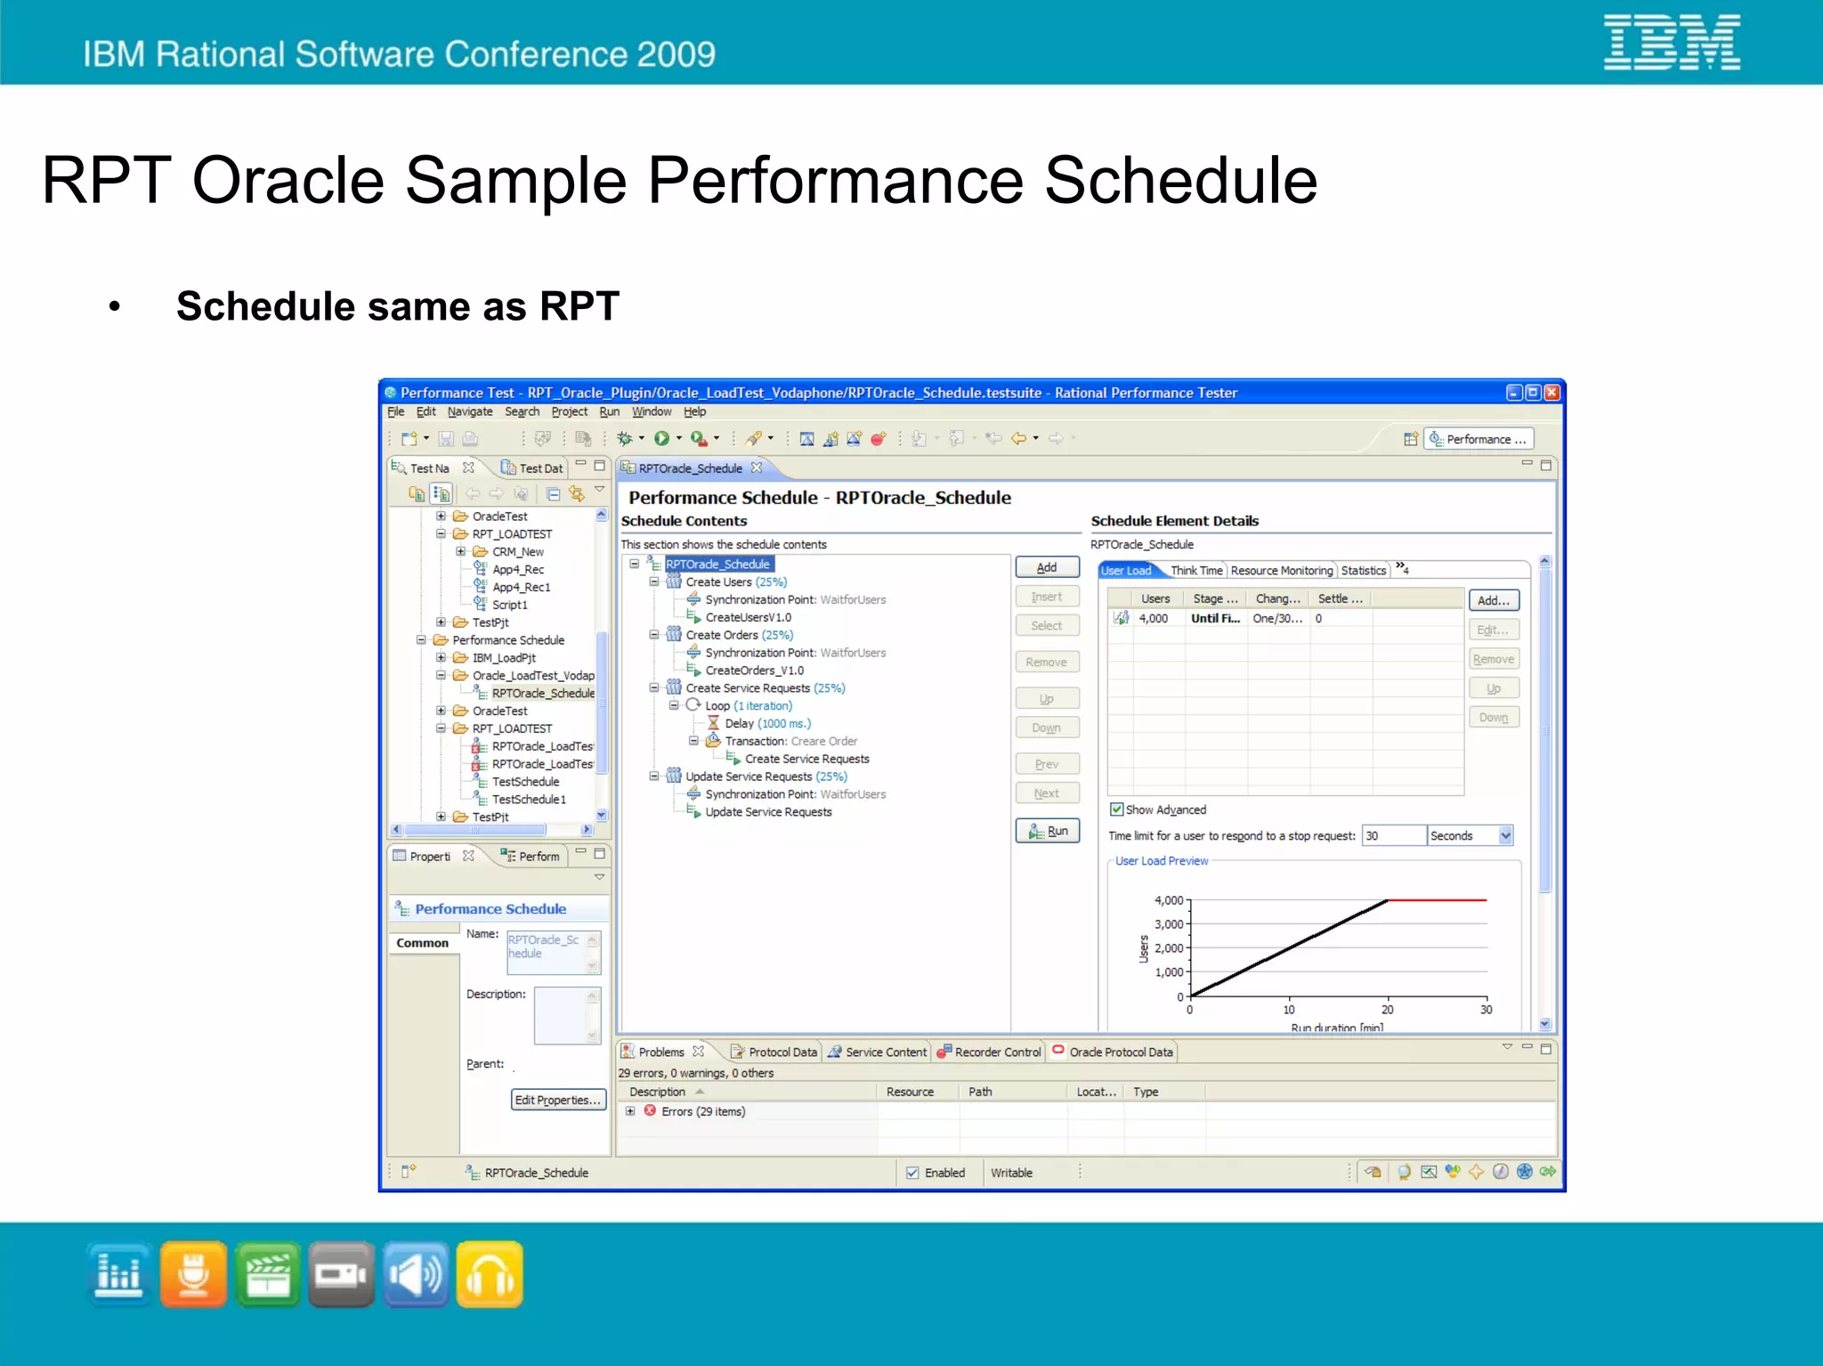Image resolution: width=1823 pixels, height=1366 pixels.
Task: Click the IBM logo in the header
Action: [x=1671, y=42]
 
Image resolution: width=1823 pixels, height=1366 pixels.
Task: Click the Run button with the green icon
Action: [x=1047, y=831]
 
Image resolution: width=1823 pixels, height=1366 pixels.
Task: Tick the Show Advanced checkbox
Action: [x=1116, y=809]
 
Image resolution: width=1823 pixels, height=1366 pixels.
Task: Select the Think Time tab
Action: [x=1195, y=571]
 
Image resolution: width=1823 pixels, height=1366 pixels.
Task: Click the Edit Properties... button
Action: [x=558, y=1100]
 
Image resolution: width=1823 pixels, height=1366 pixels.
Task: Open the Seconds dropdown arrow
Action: [x=1505, y=835]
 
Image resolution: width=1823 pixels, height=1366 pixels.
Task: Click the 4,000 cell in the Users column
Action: [x=1153, y=618]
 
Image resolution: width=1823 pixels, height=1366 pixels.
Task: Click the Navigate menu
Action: [x=469, y=411]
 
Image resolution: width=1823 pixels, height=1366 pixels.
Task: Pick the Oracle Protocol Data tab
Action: [x=1120, y=1052]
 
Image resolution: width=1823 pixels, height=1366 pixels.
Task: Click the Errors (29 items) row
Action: [x=702, y=1111]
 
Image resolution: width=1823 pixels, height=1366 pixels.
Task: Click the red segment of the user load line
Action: [x=1437, y=900]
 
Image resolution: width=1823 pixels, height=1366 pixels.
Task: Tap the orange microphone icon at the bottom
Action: [x=193, y=1274]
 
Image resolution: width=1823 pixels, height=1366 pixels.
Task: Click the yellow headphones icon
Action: [x=489, y=1274]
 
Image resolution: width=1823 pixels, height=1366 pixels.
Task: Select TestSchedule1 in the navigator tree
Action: [x=529, y=800]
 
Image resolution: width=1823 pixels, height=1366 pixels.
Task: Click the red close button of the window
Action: [x=1552, y=393]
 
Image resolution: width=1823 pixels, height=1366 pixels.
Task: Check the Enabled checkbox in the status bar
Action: [x=912, y=1173]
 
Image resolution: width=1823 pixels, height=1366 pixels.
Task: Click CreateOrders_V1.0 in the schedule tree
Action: [x=754, y=671]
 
